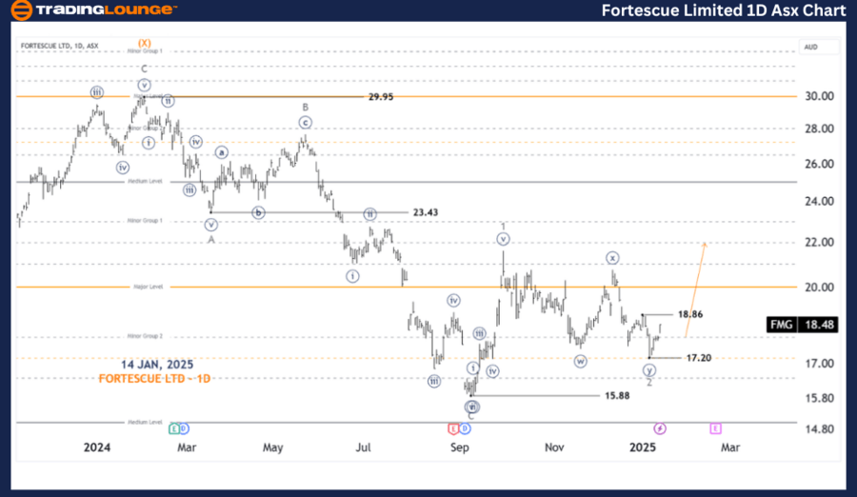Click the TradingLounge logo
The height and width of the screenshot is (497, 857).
click(92, 10)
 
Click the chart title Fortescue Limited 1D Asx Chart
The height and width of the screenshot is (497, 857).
click(724, 10)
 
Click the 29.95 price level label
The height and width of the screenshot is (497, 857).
click(381, 97)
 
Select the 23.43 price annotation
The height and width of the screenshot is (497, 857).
click(425, 212)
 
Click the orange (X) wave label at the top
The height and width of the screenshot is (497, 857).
click(145, 43)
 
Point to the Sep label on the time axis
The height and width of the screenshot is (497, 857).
click(460, 447)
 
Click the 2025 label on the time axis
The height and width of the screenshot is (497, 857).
click(643, 447)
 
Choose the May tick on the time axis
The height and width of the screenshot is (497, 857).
click(273, 447)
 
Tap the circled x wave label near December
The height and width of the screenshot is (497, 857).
click(613, 258)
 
